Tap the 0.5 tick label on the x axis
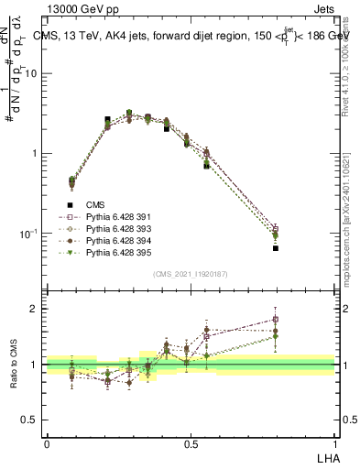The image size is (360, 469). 191,443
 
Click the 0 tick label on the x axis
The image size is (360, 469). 47,443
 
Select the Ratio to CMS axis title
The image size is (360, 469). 14,365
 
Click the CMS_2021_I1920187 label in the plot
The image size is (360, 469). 191,274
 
